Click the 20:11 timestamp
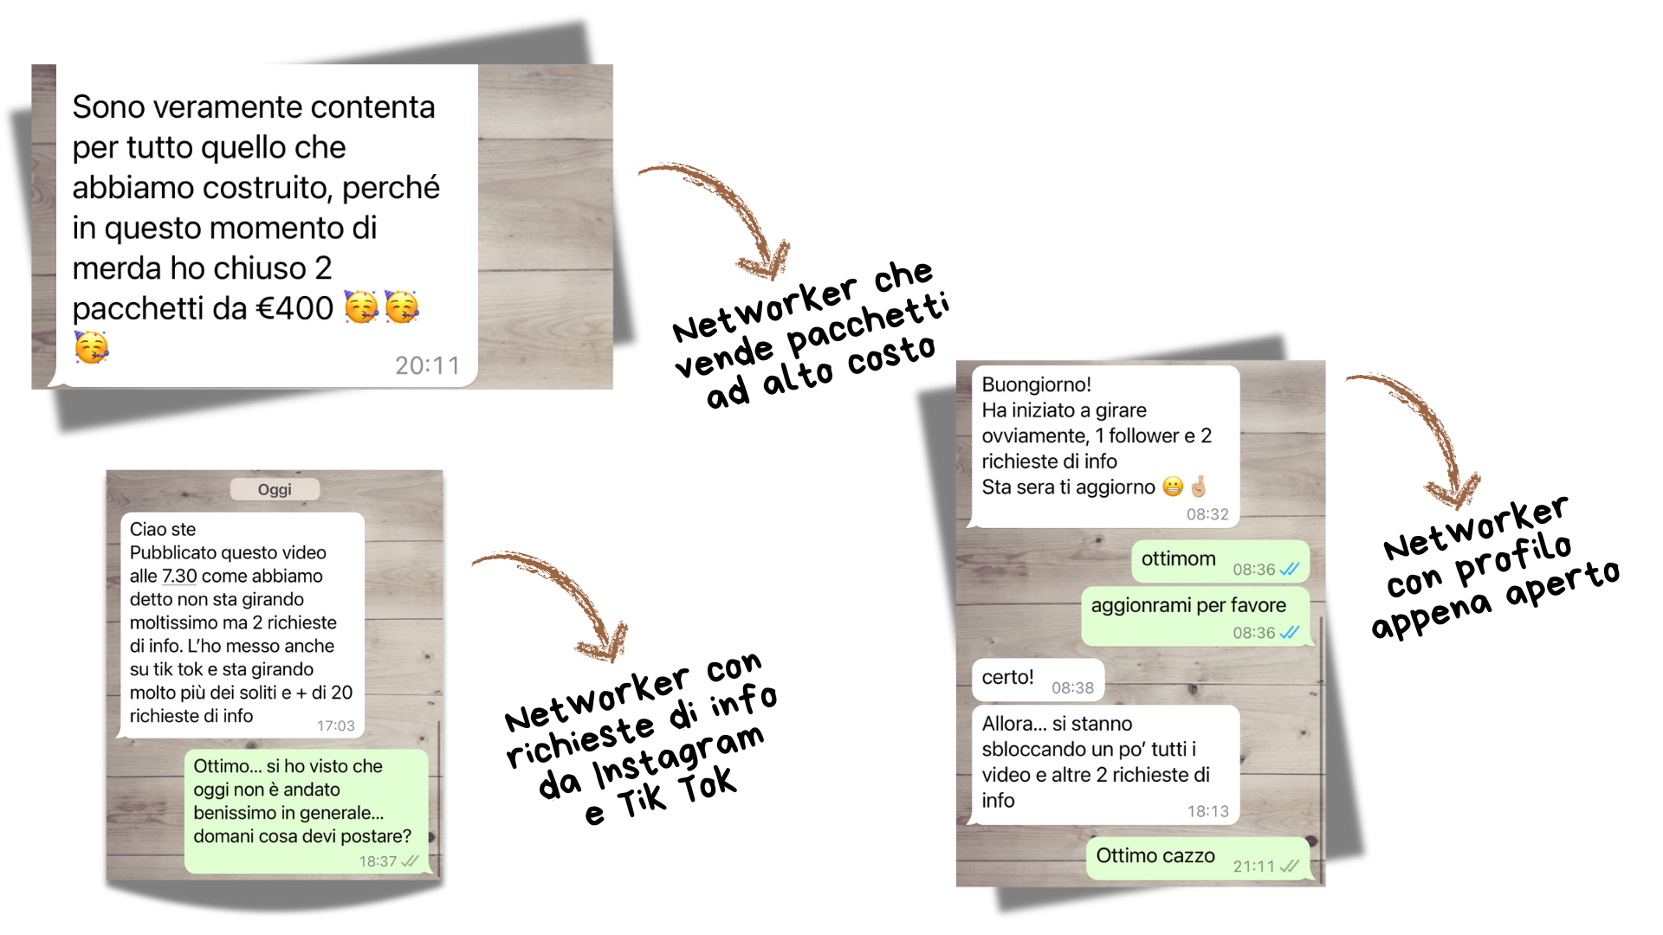tap(427, 365)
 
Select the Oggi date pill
tap(275, 489)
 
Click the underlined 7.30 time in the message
tap(179, 576)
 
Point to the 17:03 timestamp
tap(335, 725)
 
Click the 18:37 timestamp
tap(378, 861)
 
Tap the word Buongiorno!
tap(1036, 384)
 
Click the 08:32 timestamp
tap(1207, 514)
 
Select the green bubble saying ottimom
tap(1220, 562)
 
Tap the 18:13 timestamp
tap(1207, 811)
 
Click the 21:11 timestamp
tap(1253, 866)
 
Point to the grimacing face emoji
tap(1172, 487)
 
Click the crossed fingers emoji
tap(1198, 487)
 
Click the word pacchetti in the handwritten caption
tap(868, 324)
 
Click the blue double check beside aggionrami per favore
tap(1289, 632)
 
